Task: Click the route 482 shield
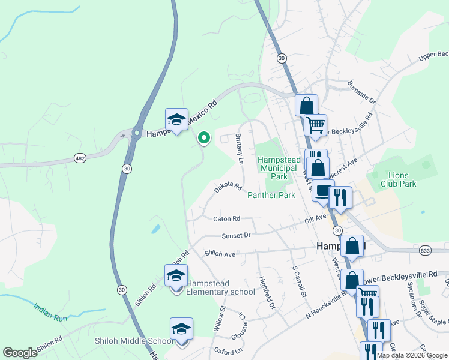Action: [80, 158]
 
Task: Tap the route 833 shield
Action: [442, 250]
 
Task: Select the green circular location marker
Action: [204, 138]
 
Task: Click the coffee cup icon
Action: [322, 192]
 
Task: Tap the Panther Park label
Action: [271, 195]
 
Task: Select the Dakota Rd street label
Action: [228, 188]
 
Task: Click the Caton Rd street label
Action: [226, 219]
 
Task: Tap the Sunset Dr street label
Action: [235, 236]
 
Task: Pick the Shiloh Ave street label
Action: [220, 254]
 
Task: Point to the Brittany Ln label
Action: [240, 149]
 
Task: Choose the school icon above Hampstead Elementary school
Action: [176, 277]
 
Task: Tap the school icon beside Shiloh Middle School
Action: [181, 329]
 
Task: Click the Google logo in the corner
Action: [20, 353]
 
